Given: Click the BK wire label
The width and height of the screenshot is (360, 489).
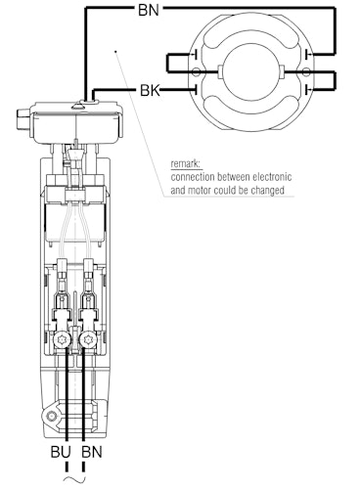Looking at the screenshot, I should click(x=149, y=90).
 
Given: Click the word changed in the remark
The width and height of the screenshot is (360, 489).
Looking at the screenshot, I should click(x=265, y=191).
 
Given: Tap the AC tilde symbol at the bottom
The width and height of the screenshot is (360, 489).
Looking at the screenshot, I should click(x=72, y=481).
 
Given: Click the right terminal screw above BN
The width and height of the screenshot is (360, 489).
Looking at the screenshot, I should click(x=89, y=338).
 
